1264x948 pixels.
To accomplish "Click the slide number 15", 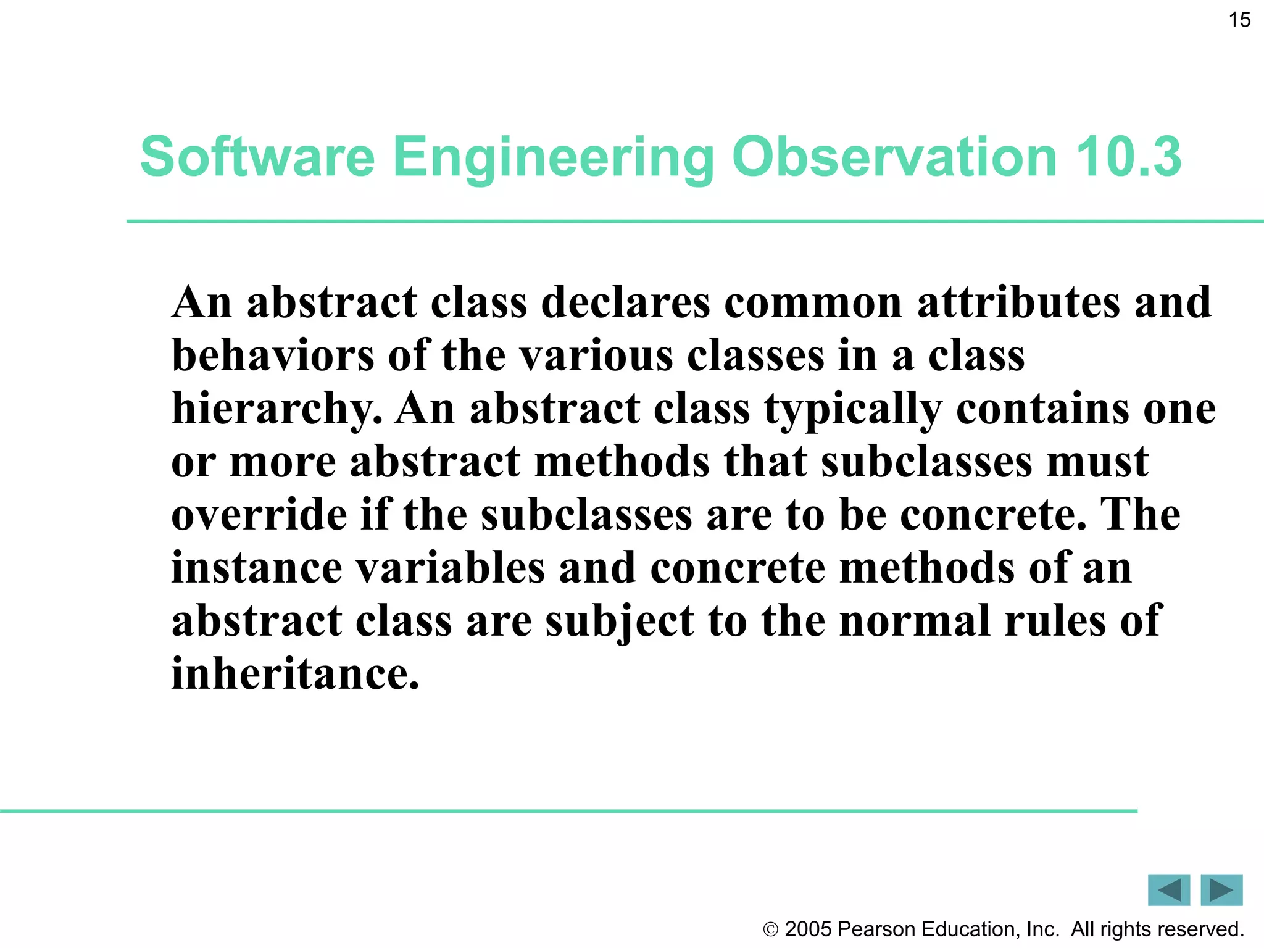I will (x=1239, y=20).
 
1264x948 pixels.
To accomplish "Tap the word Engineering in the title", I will (x=553, y=157).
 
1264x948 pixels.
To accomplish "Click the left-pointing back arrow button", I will (x=1169, y=890).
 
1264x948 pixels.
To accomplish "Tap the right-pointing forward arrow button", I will (x=1221, y=890).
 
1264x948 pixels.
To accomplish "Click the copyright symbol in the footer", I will (x=770, y=929).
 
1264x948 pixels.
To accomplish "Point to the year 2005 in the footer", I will (x=809, y=929).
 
